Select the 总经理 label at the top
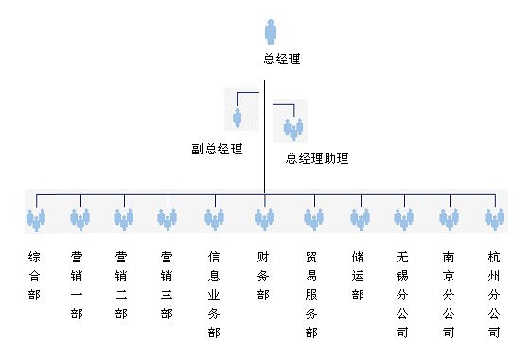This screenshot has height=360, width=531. pos(281,60)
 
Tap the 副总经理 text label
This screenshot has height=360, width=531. pos(216,149)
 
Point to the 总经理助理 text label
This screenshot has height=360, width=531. pos(317,158)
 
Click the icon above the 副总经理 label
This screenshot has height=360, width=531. pos(238,117)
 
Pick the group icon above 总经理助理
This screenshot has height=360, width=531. pos(292,129)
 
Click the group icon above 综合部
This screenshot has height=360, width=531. pos(36,221)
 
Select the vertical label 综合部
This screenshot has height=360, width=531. pos(35,276)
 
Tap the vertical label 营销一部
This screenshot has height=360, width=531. pos(78,285)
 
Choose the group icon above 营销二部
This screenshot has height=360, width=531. pos(123,221)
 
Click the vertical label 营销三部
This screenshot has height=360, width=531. pos(167,285)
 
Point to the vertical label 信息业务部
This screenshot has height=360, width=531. pos(214,295)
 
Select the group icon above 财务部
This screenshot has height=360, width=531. pos(264,221)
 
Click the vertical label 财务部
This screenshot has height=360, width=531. pos(263,276)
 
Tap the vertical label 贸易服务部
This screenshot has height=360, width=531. pos(312,295)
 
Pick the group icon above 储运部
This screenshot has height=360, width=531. pos(360,221)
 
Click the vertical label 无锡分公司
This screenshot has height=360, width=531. pos(402,295)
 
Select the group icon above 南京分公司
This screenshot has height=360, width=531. pos(449,221)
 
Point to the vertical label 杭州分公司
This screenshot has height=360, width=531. pos(493,295)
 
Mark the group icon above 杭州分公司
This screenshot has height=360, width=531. pos(493,221)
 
